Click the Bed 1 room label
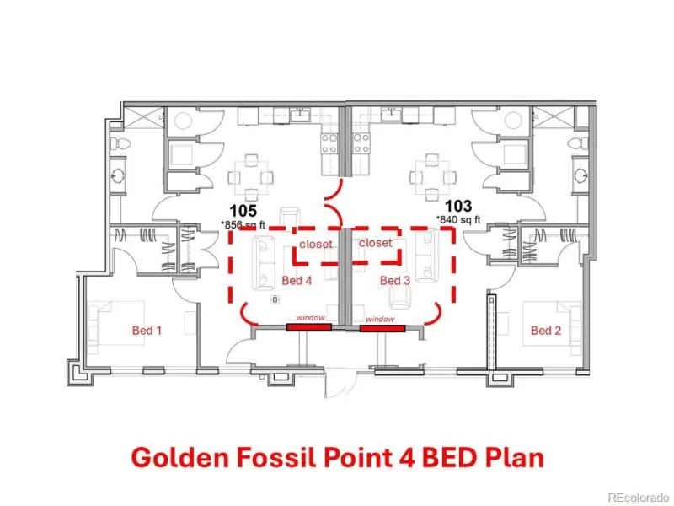(147, 331)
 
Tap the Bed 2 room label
(546, 331)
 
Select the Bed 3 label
(395, 281)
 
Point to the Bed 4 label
(297, 281)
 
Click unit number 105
(243, 211)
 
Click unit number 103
(458, 207)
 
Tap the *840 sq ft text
(458, 220)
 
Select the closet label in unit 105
(316, 244)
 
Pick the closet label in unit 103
(375, 243)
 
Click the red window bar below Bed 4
(309, 327)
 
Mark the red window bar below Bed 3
(382, 329)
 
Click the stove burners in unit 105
(329, 143)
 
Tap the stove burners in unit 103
(361, 143)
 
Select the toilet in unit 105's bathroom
(119, 144)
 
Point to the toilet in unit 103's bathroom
(579, 143)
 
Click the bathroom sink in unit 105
(118, 175)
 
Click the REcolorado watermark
(638, 498)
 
